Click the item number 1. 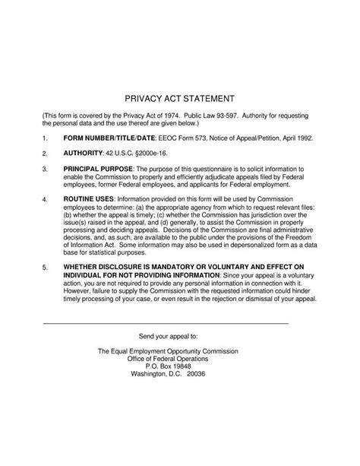point(45,139)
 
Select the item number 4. point(45,200)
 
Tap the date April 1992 point(292,139)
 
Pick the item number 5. point(45,268)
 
